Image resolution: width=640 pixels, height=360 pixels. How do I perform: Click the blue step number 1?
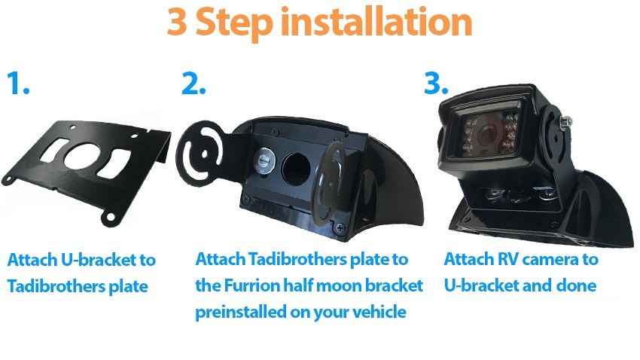(x=18, y=83)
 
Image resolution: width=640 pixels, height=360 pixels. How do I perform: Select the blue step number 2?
(x=194, y=83)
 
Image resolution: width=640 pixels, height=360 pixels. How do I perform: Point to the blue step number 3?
(x=436, y=83)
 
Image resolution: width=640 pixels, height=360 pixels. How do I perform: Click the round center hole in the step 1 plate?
(x=81, y=156)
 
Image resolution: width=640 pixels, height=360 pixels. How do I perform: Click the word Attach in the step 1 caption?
(x=32, y=260)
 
